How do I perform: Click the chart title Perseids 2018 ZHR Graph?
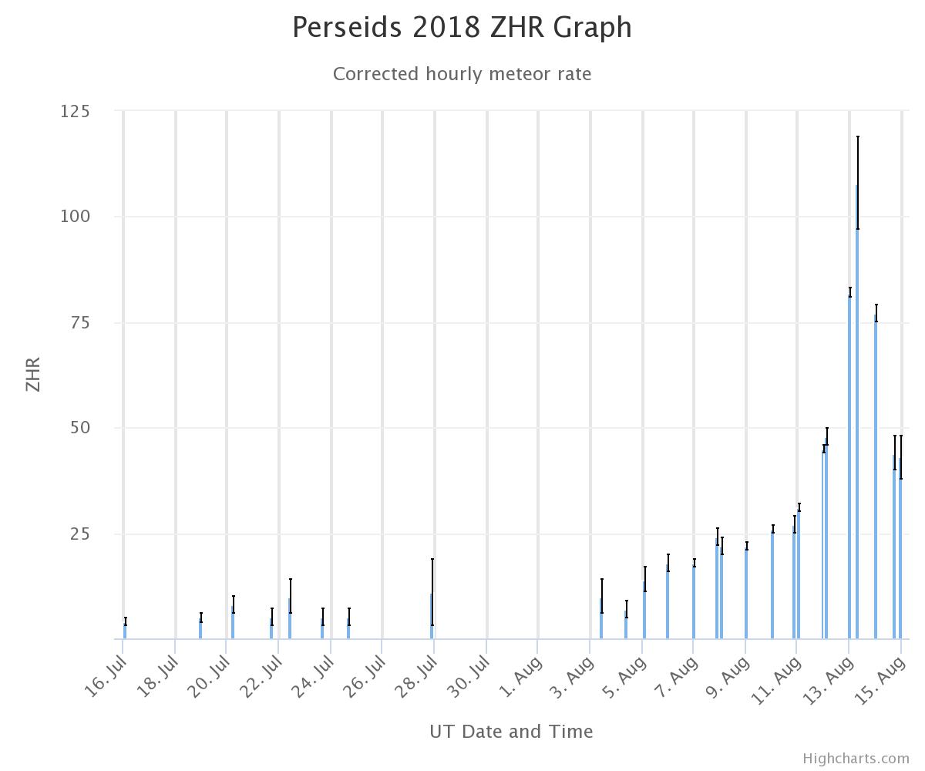(x=462, y=28)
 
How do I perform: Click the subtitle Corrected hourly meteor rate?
(x=462, y=74)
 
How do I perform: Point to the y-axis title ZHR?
(x=33, y=374)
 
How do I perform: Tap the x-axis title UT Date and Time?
(x=511, y=731)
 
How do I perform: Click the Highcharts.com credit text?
(x=856, y=759)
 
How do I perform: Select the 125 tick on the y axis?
(x=75, y=111)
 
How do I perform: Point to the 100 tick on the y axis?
(x=75, y=217)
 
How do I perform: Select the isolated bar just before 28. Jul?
(x=432, y=617)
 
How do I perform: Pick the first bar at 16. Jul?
(x=125, y=631)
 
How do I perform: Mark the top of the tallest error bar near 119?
(x=858, y=137)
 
